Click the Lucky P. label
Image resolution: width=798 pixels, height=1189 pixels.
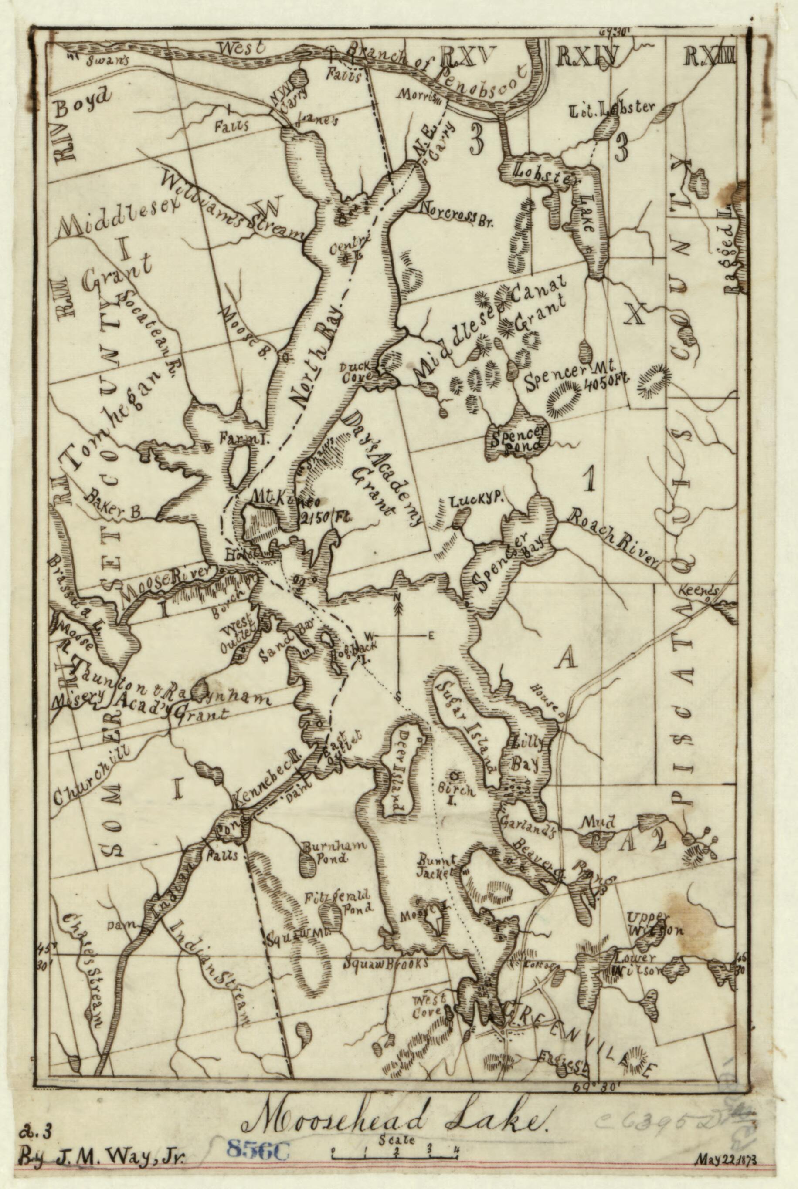click(476, 501)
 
